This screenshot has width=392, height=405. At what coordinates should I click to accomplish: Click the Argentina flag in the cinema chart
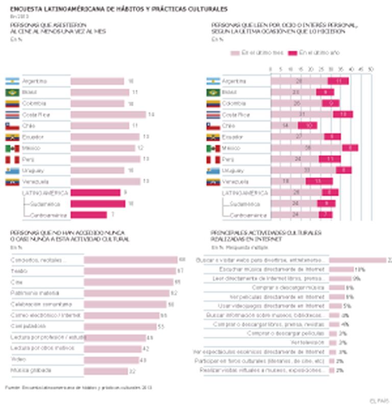point(12,81)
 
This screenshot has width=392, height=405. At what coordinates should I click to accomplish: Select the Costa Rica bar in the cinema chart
point(108,115)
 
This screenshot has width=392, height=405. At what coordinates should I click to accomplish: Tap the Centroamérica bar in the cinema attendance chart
point(88,215)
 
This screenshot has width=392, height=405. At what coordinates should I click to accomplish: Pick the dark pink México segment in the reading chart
point(350,148)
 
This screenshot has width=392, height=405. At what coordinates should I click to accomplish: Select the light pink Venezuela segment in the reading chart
point(288,182)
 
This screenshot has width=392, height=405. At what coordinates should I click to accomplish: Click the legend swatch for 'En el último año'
point(292,53)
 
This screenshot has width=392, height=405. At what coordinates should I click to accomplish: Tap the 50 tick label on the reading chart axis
point(371,68)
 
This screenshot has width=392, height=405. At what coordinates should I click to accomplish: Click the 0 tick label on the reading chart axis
point(271,68)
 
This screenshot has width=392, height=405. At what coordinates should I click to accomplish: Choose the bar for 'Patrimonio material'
point(126,293)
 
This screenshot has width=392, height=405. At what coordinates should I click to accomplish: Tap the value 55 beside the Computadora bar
point(160,326)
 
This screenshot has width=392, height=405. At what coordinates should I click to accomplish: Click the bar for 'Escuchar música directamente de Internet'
point(341,269)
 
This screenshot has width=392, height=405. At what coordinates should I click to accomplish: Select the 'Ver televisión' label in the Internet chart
point(307,342)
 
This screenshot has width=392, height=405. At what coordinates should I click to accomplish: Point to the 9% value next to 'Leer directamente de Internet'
point(356,279)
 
